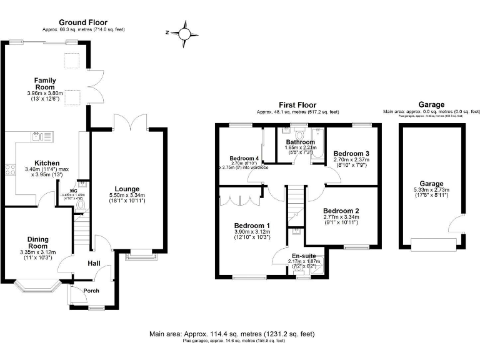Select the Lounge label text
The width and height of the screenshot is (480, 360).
coord(127,189)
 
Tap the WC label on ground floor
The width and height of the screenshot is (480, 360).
coord(73,191)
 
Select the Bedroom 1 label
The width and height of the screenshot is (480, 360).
coord(252,226)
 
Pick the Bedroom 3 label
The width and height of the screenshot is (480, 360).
coord(351,153)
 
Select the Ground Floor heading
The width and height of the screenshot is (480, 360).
coord(81,22)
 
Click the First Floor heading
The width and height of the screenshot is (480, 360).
coord(297,105)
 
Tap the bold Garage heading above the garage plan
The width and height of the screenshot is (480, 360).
coord(431,105)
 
